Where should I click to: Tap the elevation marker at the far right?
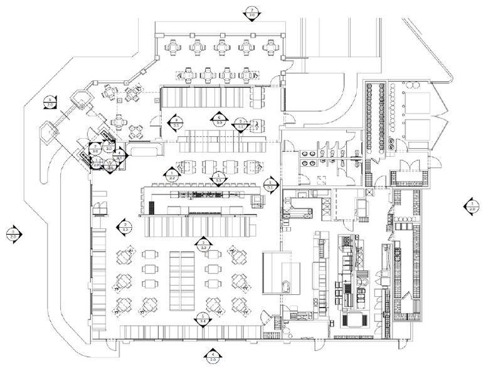tap(470, 205)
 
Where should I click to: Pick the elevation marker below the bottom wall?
tap(212, 355)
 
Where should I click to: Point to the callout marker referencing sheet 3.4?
tap(202, 319)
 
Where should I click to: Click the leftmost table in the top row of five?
tap(172, 47)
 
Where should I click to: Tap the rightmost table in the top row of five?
tap(270, 47)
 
